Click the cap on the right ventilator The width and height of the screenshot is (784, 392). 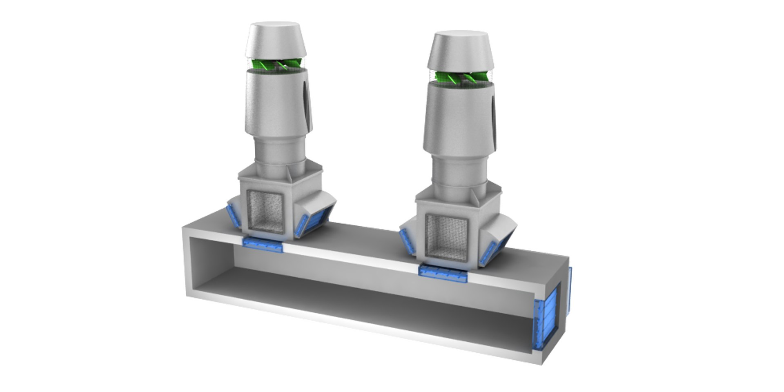click(459, 50)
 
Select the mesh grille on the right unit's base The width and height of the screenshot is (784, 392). click(446, 238)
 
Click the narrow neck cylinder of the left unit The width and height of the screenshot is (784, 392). click(278, 151)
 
